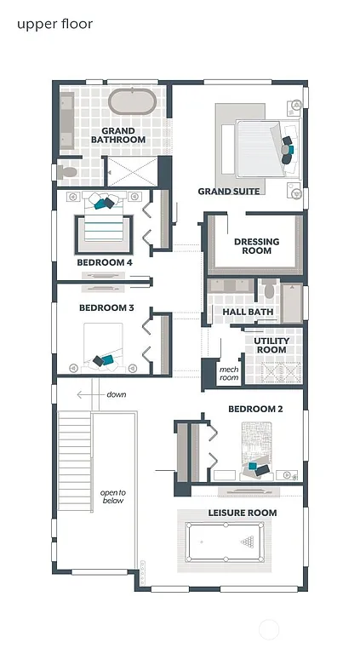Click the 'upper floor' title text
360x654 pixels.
point(54,24)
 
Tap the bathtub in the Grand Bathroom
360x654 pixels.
point(133,101)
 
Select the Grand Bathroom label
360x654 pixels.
point(118,135)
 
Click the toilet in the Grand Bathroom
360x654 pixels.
point(68,172)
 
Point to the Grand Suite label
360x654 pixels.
point(229,192)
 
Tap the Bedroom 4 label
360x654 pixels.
point(105,263)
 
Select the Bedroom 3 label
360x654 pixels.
point(106,308)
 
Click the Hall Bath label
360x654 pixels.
point(247,313)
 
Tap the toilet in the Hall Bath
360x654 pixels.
point(270,291)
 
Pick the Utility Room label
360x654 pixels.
point(271,345)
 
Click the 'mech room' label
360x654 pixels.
point(229,372)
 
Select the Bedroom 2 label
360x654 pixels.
point(254,410)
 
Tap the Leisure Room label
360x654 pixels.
point(243,513)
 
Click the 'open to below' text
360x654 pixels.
point(112,496)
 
